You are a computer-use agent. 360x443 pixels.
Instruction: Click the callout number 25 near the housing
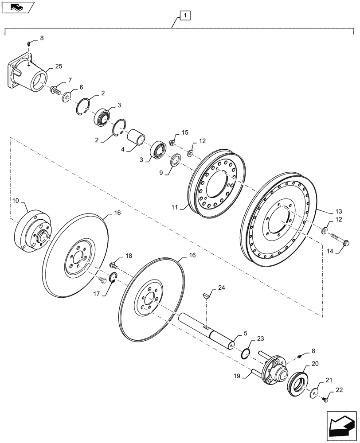59,66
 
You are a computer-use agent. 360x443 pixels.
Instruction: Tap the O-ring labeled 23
246,353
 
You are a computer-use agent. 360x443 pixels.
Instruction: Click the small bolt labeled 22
325,399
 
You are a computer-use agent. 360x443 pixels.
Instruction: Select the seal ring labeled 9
175,159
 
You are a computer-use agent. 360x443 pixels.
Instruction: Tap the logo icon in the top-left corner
17,7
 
